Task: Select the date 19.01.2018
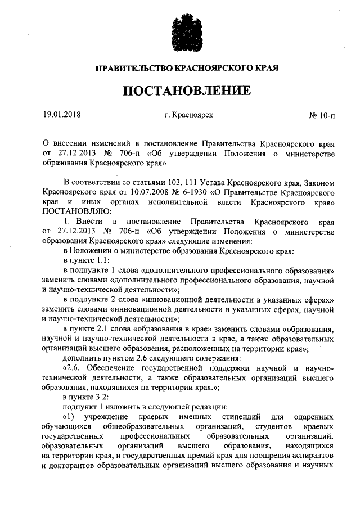[62, 116]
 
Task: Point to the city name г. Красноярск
[188, 116]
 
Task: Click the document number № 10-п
[322, 116]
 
